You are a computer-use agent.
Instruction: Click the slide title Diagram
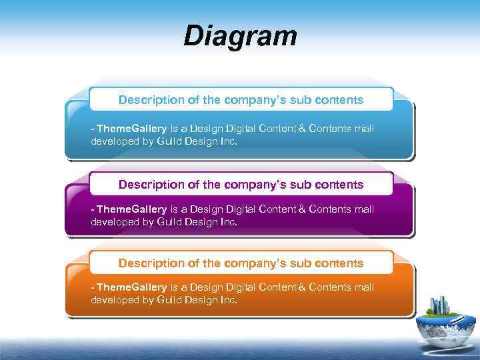pos(240,36)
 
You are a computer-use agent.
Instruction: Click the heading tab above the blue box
pos(241,100)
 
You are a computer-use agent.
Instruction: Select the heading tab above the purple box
pos(241,184)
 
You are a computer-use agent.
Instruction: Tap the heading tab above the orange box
pos(241,263)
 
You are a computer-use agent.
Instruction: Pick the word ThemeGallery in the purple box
pos(132,209)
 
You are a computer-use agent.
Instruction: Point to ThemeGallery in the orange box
pos(132,287)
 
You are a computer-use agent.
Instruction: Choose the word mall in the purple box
pos(364,209)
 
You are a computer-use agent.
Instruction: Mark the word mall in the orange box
pos(364,287)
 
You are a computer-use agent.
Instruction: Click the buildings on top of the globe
pos(440,306)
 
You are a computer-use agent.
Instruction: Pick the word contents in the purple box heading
pos(340,184)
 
